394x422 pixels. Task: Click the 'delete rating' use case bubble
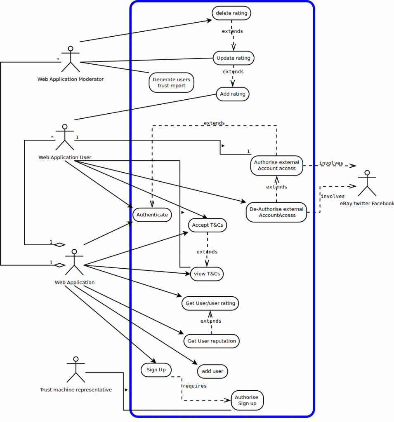(x=231, y=13)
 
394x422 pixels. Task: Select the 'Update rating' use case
(x=234, y=58)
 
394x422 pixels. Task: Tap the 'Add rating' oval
(x=233, y=94)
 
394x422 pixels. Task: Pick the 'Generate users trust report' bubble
(x=171, y=82)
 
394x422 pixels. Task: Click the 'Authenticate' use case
(x=152, y=215)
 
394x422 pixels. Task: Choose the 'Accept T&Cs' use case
(x=208, y=225)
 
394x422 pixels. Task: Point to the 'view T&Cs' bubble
(x=207, y=274)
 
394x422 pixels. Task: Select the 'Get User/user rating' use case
(x=210, y=303)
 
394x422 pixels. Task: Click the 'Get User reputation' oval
(x=212, y=341)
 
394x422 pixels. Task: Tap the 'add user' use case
(x=212, y=371)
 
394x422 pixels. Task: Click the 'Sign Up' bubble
(x=156, y=370)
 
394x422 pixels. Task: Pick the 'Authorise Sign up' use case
(x=247, y=400)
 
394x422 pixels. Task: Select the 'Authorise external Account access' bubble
(x=277, y=165)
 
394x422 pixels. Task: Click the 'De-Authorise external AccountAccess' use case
(x=277, y=212)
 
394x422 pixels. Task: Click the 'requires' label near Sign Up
(x=194, y=386)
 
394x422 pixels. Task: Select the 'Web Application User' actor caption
(x=65, y=157)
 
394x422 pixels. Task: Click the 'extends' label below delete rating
(x=232, y=31)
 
